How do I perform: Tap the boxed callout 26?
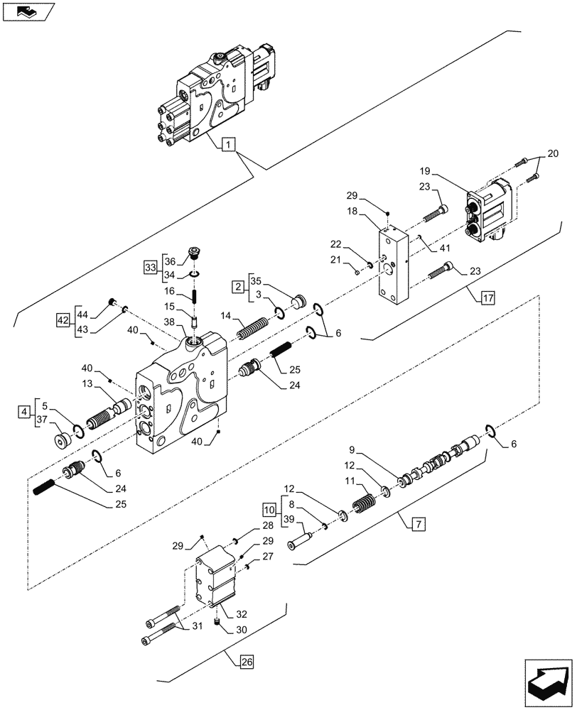pos(245,663)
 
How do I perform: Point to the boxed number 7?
pos(417,525)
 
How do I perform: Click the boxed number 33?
pos(150,267)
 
